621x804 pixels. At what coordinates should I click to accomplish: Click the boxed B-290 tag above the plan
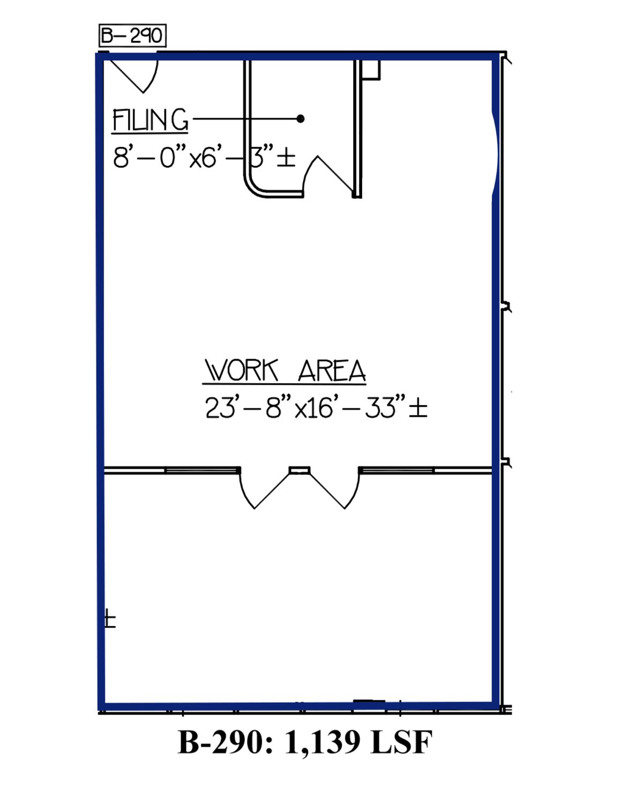point(132,35)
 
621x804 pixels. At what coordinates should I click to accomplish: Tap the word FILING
point(150,120)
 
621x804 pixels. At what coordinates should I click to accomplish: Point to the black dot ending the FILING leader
point(301,118)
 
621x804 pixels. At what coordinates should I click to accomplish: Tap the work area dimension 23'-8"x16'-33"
point(316,407)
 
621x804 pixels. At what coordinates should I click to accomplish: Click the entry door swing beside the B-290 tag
point(134,76)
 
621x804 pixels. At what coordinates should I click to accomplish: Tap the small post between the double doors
point(300,470)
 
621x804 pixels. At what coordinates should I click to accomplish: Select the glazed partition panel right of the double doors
point(396,470)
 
